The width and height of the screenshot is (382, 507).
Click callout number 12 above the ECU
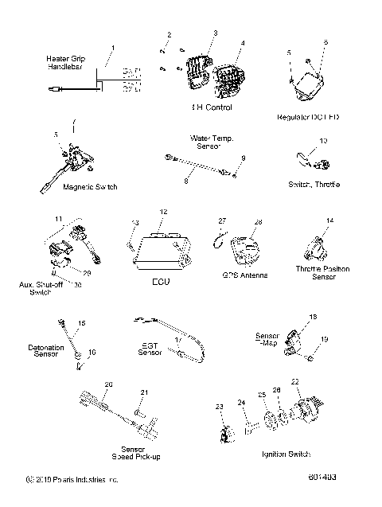[162, 212]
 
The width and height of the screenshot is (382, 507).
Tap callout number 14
[329, 219]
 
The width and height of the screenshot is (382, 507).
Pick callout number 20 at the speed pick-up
[108, 384]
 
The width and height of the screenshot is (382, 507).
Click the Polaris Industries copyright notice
[72, 480]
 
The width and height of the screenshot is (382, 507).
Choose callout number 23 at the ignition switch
[219, 406]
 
